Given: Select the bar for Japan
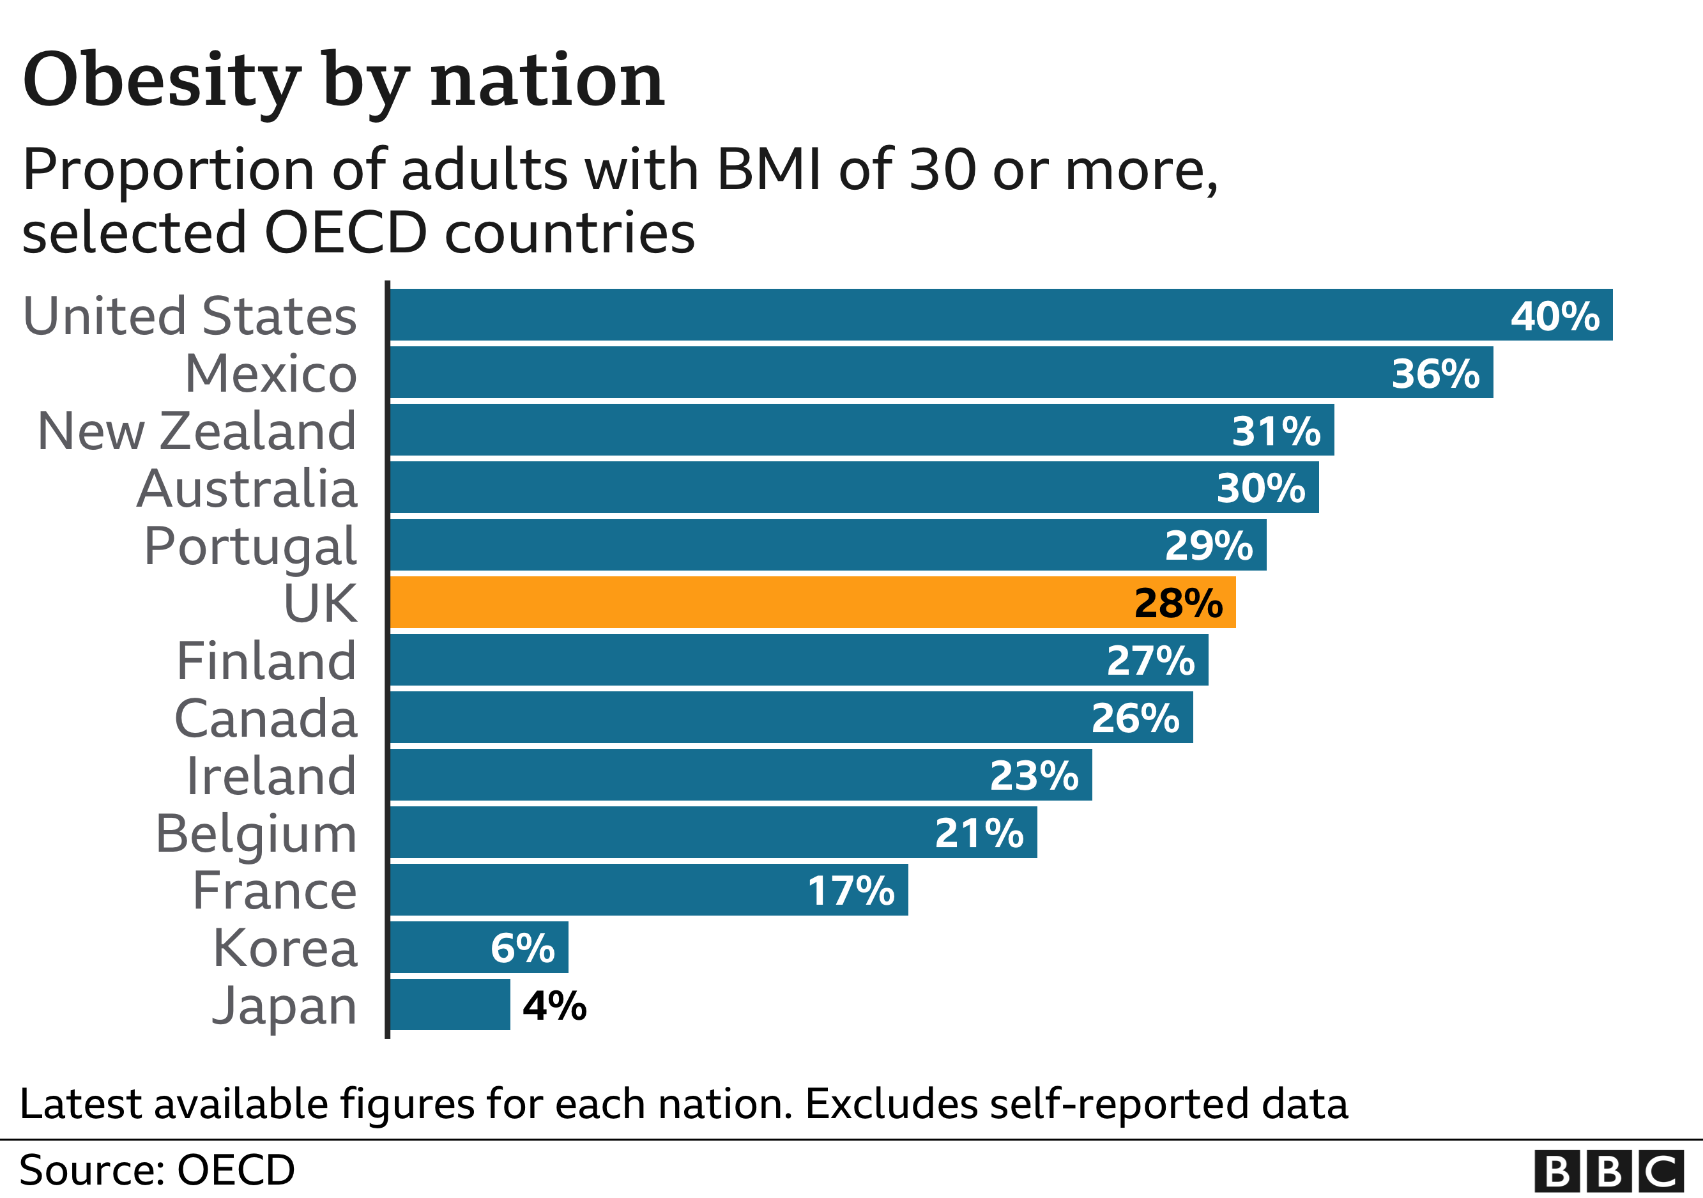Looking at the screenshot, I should point(450,1004).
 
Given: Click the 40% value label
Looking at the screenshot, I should point(1555,316).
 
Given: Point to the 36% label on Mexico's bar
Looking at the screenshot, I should point(1435,373).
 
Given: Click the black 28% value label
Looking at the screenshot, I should point(1178,603).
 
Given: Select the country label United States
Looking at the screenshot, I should point(190,316).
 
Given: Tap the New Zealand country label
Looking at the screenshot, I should point(197,431).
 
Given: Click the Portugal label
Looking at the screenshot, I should point(250,547).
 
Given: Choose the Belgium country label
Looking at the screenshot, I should point(256,834).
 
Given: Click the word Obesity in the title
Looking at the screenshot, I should point(162,80).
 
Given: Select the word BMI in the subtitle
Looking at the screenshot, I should point(768,169).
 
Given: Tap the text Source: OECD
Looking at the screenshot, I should point(157,1170).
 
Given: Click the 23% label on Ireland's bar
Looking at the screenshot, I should point(1034,776).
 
